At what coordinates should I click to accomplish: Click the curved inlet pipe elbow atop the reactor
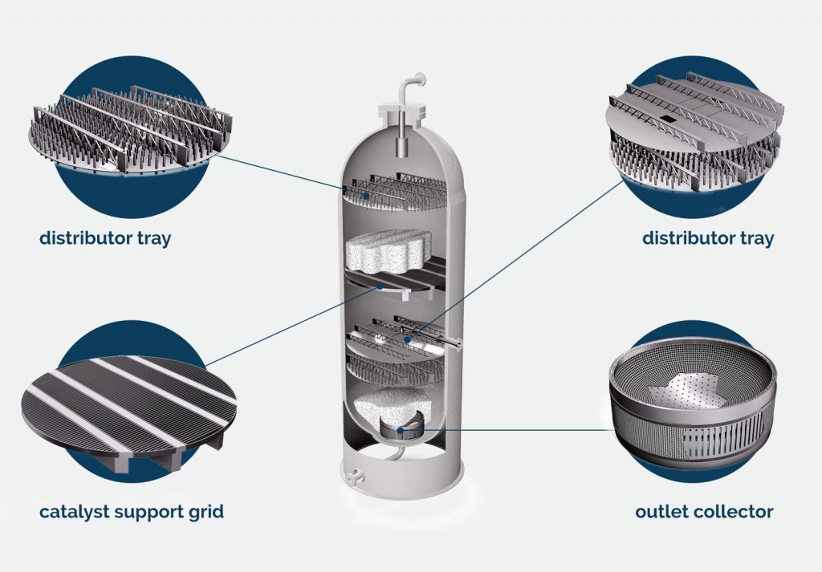point(417,82)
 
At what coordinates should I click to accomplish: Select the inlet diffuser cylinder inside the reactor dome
point(399,149)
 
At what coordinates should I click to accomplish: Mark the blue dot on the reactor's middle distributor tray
point(408,341)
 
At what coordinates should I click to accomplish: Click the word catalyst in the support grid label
point(75,511)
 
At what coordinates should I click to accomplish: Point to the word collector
point(735,511)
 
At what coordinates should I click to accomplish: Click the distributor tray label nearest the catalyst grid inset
point(105,238)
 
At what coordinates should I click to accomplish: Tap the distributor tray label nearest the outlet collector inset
point(708,238)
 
